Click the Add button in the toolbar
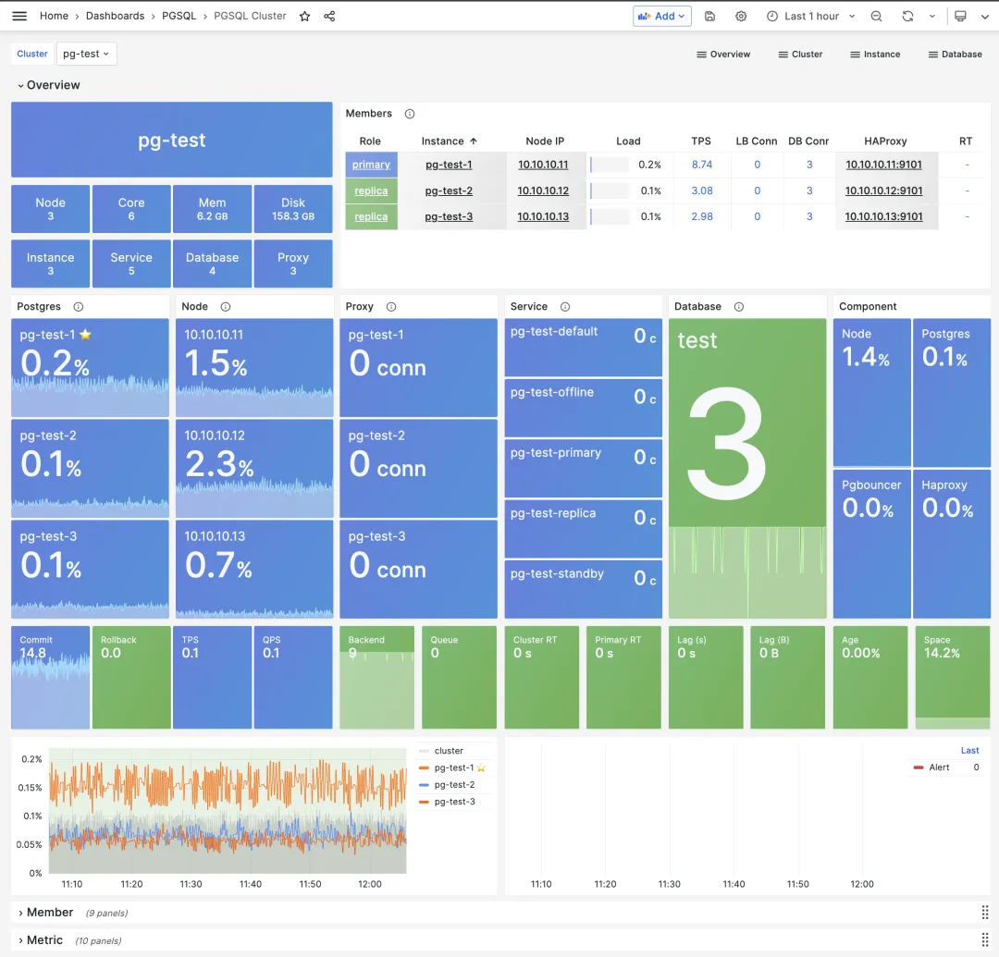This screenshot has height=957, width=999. pos(661,16)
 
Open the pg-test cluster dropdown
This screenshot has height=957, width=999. pos(86,54)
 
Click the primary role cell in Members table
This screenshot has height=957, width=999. pos(371,165)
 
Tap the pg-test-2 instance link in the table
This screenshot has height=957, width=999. pos(449,190)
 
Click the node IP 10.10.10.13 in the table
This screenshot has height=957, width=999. pos(543,216)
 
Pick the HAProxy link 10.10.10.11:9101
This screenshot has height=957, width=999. pos(884,165)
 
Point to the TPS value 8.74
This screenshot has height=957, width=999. pos(702,165)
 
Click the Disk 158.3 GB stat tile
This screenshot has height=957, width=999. pos(293,209)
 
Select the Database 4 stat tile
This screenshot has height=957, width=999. pos(212,264)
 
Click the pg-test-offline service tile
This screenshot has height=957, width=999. pos(583,407)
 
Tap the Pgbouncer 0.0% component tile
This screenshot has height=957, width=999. pos(871,544)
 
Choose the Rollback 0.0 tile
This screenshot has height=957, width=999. pos(131,678)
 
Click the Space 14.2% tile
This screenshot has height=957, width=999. pos(952,678)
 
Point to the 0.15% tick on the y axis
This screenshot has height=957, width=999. pos(31,788)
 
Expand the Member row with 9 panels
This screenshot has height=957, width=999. pos(50,913)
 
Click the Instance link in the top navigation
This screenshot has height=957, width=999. pos(875,55)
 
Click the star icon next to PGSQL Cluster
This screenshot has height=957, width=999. pos(305,16)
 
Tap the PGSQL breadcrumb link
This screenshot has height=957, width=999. pos(179,16)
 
